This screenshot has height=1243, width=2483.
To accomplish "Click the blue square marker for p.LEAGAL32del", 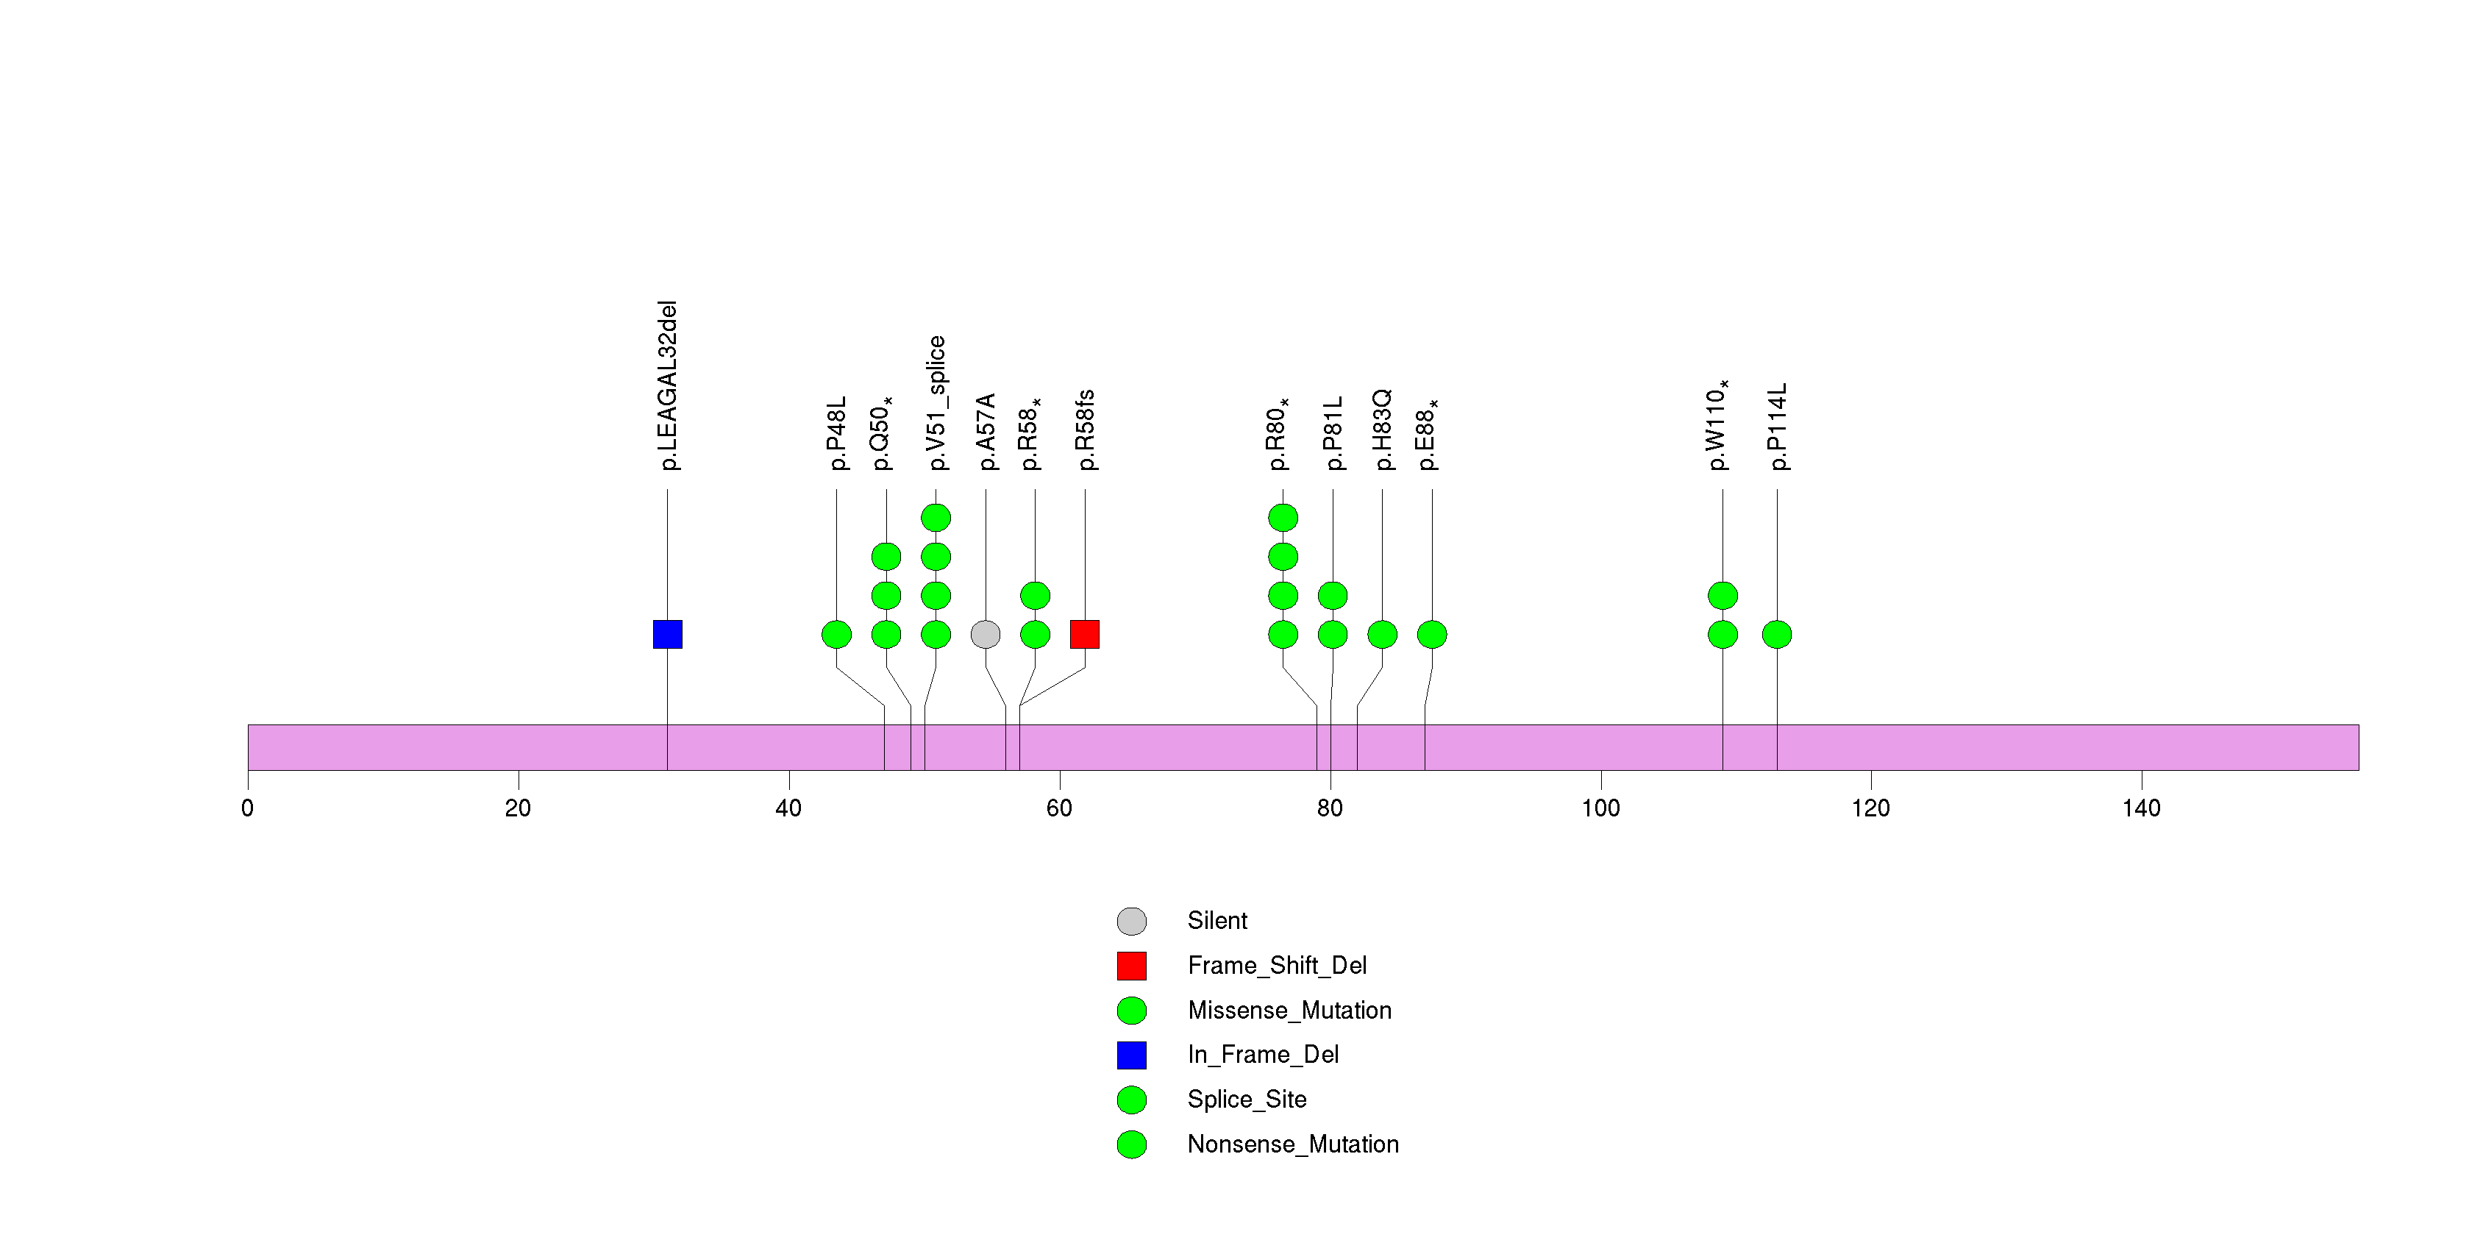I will click(x=667, y=634).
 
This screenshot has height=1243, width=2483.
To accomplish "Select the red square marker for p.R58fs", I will click(x=1084, y=634).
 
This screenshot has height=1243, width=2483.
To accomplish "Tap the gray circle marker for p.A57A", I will click(x=985, y=634).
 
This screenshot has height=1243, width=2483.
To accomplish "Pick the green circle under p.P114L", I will click(x=1776, y=634).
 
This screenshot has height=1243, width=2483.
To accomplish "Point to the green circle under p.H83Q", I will click(x=1382, y=634).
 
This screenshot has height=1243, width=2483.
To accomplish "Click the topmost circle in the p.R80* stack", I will click(x=1283, y=518).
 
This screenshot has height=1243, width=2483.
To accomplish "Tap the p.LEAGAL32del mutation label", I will click(x=667, y=385).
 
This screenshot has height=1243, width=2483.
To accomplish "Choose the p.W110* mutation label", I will click(x=1717, y=424).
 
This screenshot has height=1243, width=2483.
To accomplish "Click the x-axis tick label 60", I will click(x=1058, y=808).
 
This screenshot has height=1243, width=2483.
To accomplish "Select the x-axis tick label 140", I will click(x=2141, y=808).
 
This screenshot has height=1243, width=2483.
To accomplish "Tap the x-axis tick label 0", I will click(x=248, y=808).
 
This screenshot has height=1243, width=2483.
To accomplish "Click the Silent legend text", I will click(x=1216, y=921).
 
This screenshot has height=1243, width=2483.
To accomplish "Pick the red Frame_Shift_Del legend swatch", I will click(x=1132, y=966).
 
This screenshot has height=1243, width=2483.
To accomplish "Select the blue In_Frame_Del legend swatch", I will click(x=1132, y=1055).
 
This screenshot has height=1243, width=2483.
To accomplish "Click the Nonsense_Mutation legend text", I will click(x=1292, y=1144).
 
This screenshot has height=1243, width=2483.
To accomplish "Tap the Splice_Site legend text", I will click(x=1247, y=1100).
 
